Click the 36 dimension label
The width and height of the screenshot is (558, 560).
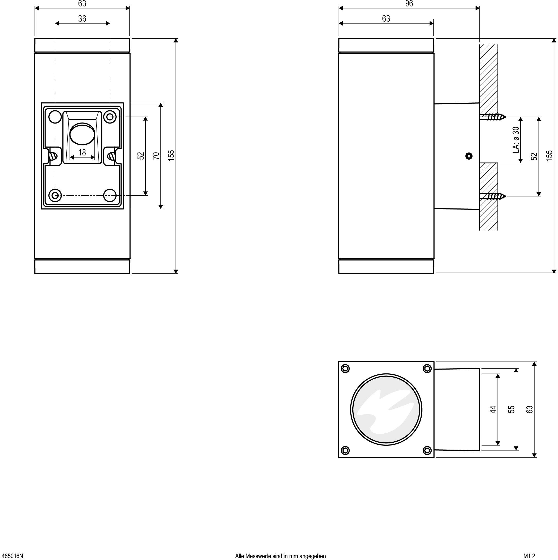pos(82,19)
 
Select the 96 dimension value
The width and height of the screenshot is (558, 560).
pos(409,4)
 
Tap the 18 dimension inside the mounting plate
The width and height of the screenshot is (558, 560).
pos(82,152)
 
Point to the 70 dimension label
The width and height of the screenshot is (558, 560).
pos(156,156)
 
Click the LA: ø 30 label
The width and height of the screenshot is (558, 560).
pos(516,140)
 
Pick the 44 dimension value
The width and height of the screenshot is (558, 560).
pos(493,409)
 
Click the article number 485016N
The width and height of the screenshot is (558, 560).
pos(12,556)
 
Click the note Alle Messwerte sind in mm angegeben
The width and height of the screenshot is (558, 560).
pos(281,556)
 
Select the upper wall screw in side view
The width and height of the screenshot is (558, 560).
pos(493,117)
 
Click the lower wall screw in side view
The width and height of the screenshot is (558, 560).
pos(493,196)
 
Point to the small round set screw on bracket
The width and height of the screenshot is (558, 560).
pos(469,156)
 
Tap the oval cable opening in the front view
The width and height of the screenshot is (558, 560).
pos(82,134)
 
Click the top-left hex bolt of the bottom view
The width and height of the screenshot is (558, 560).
pos(345,369)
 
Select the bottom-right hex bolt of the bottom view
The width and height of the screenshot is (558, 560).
pos(427,450)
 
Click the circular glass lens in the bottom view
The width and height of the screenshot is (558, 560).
pos(386,409)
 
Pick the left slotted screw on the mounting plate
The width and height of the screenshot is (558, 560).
pos(53,156)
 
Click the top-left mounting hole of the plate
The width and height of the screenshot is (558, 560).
pos(55,117)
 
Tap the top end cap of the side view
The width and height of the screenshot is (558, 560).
pos(386,45)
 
